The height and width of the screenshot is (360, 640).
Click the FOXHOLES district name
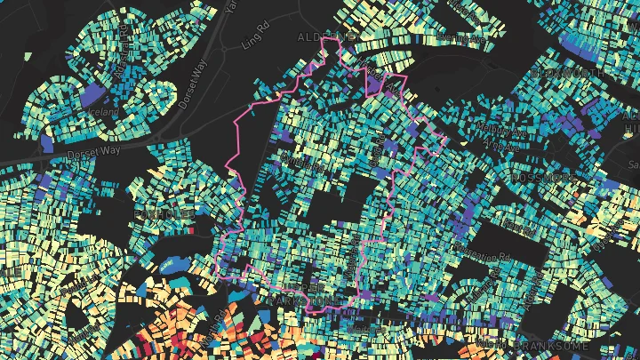[x=156, y=215]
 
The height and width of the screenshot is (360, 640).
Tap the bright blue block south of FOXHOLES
[x=170, y=265]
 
